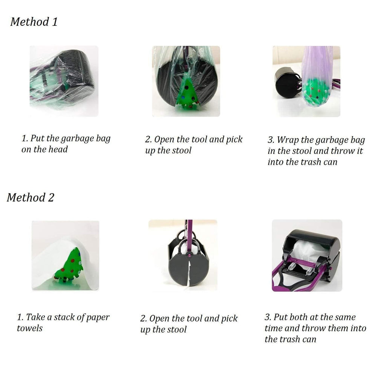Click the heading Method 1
34,21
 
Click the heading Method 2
30,198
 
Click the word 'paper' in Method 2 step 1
97,317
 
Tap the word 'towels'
29,328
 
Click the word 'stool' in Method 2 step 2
176,329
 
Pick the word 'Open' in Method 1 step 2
164,140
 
